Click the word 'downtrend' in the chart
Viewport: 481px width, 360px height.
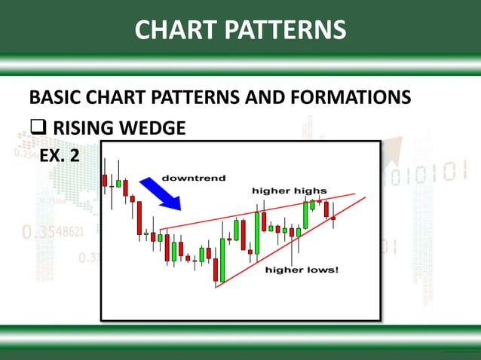[194, 178]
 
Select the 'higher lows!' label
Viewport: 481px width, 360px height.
[302, 269]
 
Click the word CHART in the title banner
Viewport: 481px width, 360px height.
[174, 29]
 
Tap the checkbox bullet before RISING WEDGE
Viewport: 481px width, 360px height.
[38, 129]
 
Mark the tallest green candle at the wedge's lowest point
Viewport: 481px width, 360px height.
[222, 259]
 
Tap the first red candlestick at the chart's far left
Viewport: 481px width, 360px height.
[105, 179]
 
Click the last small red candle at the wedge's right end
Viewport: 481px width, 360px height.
[332, 218]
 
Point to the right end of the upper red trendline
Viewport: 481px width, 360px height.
[354, 194]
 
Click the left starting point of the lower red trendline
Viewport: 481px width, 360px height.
[216, 287]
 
